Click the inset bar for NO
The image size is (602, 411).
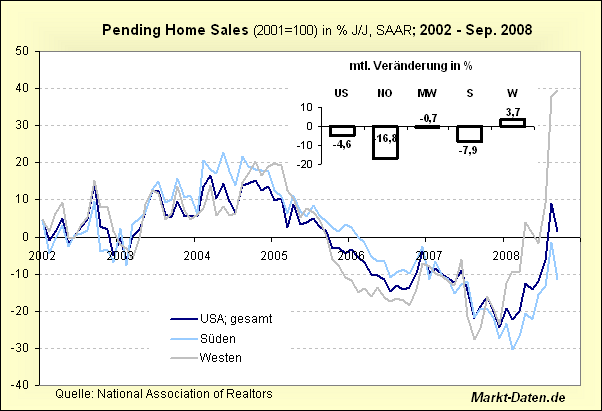pos(385,143)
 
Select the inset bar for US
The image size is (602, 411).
pos(343,131)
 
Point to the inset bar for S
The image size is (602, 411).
pos(470,134)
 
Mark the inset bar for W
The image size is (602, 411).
pos(512,122)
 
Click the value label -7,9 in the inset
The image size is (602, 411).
pos(470,151)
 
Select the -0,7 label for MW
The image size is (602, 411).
pos(428,118)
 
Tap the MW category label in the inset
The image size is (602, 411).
pos(427,93)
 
